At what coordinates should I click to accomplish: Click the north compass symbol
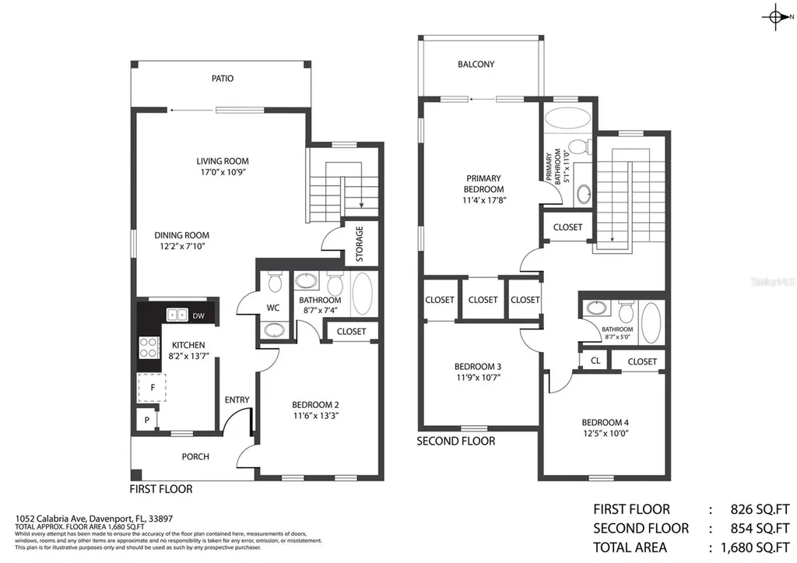coord(776,18)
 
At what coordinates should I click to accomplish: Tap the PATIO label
coord(223,79)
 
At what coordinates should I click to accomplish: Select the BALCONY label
coord(476,65)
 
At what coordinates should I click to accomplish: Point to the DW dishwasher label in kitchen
coord(198,315)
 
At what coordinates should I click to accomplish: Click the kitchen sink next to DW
coord(177,315)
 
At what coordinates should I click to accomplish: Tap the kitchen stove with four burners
coord(146,347)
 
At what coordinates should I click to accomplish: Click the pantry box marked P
coord(146,420)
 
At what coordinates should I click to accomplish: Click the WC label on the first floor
coord(273,308)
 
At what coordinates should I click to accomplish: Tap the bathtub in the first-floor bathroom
coord(363,294)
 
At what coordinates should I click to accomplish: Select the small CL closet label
coord(595,361)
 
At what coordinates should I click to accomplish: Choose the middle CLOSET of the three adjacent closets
coord(483,300)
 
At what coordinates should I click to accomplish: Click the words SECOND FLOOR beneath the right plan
coord(456,441)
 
